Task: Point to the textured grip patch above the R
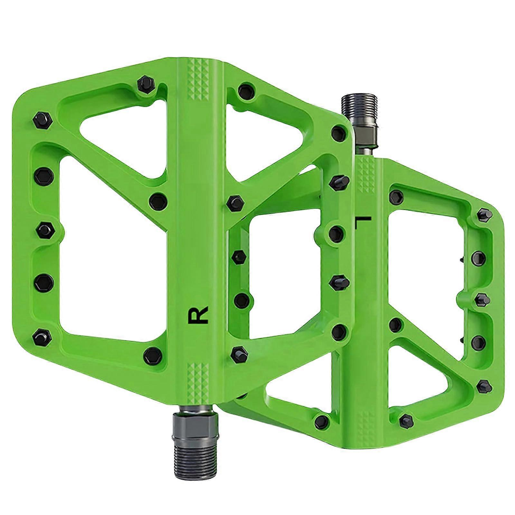click(198, 80)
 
